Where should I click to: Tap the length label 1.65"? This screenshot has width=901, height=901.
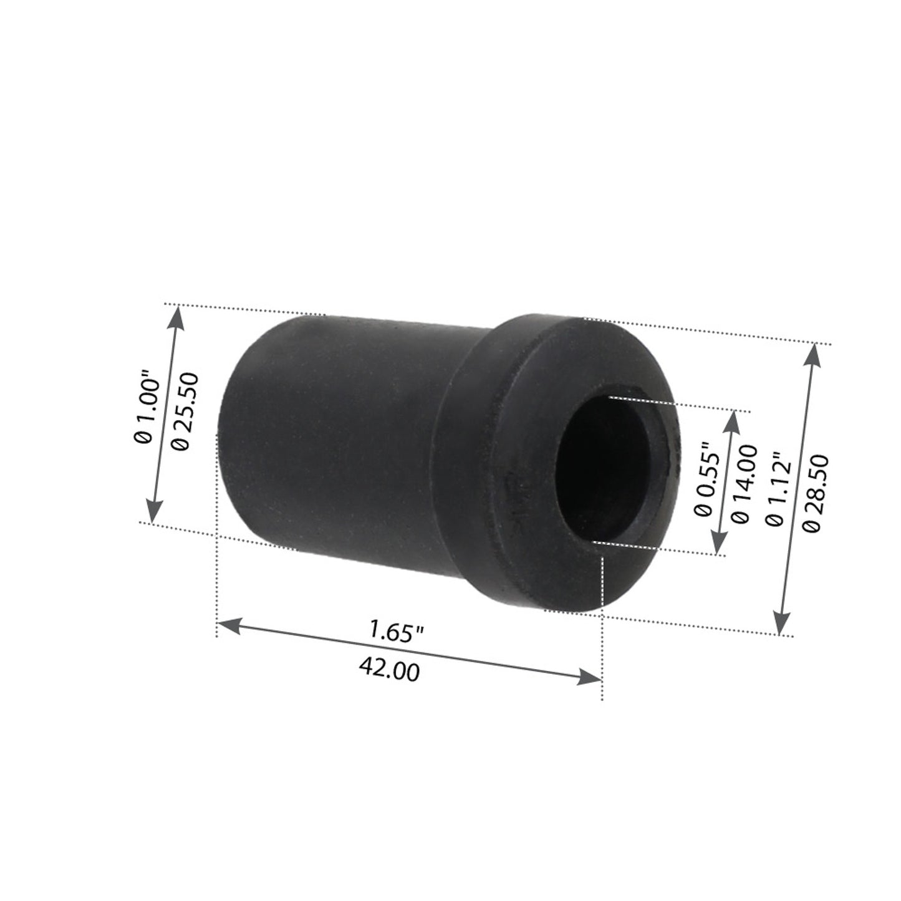pos(397,632)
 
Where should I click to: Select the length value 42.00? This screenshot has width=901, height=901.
pos(389,670)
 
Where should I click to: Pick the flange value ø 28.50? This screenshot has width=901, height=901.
pos(818,493)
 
